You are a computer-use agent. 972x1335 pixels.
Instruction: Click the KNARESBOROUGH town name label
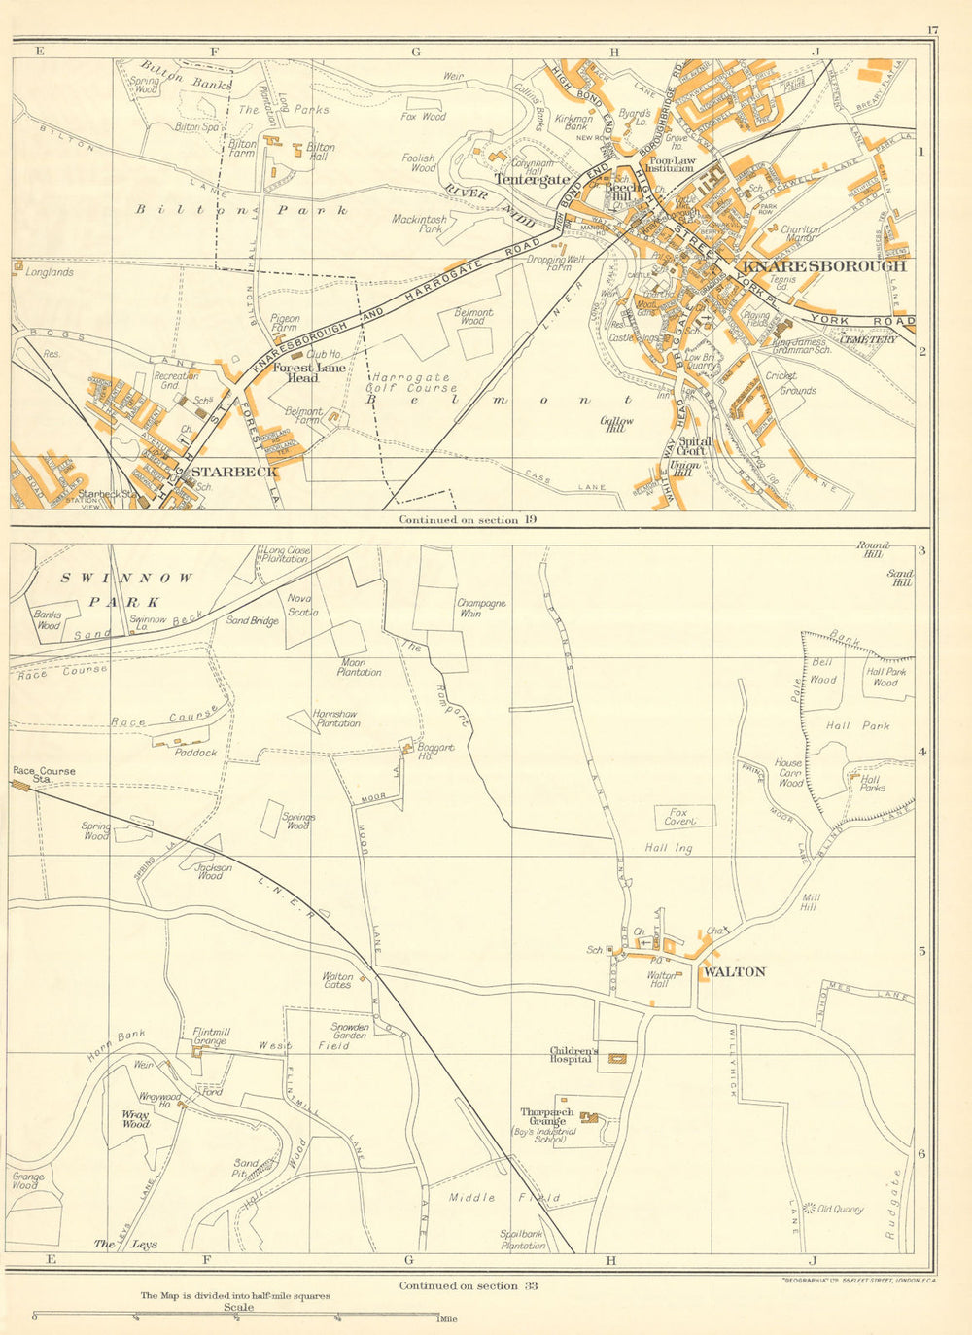(824, 265)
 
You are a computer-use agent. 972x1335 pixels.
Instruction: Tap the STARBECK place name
(234, 472)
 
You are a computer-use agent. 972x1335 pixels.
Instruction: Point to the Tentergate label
(532, 179)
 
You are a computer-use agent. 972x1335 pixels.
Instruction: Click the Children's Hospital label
(573, 1055)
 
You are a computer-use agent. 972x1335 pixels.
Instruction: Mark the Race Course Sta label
(43, 775)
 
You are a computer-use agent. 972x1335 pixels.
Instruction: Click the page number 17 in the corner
(932, 30)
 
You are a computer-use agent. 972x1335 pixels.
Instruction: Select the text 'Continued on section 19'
(468, 520)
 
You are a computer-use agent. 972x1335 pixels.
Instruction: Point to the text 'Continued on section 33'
(468, 1285)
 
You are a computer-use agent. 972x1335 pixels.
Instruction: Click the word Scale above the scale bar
(239, 1307)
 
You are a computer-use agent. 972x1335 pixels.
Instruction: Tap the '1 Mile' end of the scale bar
(444, 1318)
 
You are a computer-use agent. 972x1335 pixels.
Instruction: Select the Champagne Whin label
(481, 608)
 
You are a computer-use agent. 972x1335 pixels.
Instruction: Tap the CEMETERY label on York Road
(867, 339)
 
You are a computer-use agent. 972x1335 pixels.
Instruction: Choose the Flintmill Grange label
(209, 1036)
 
